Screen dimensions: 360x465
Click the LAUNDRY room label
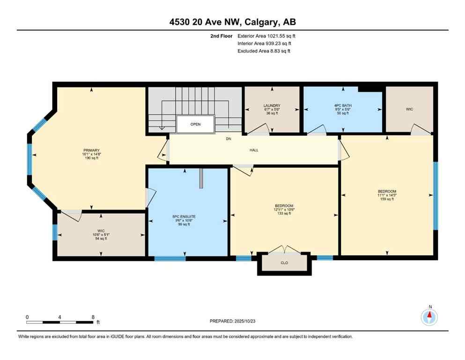tap(272, 105)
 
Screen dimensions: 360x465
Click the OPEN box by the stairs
tap(195, 125)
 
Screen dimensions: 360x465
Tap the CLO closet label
tap(284, 263)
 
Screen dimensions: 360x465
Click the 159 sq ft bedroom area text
tap(387, 199)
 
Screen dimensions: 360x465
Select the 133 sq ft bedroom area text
tap(284, 213)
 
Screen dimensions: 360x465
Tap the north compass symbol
tap(429, 317)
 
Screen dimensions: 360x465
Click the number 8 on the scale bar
tap(93, 317)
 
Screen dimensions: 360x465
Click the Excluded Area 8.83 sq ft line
tap(264, 51)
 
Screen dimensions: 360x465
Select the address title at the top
tap(232, 22)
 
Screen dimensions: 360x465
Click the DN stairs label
tap(229, 139)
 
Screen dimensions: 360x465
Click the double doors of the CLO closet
tap(284, 248)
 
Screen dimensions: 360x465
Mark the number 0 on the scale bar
tap(28, 317)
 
